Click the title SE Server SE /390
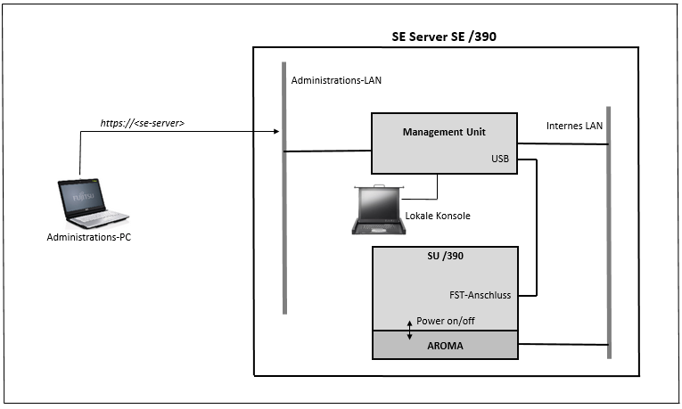click(x=444, y=37)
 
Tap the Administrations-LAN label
click(x=336, y=80)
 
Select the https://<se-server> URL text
click(x=143, y=123)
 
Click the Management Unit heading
click(x=444, y=132)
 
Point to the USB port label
click(x=500, y=159)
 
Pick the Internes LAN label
click(x=574, y=126)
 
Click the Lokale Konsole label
click(x=438, y=216)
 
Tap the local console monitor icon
click(x=379, y=210)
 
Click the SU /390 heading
click(x=445, y=256)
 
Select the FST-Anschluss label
click(x=481, y=295)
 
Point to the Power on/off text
click(x=446, y=321)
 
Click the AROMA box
click(x=446, y=345)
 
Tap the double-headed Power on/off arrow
click(x=409, y=331)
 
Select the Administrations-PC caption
click(x=89, y=237)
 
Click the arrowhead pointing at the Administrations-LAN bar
click(x=276, y=131)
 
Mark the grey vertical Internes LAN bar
click(x=609, y=233)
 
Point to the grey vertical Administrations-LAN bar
click(x=284, y=188)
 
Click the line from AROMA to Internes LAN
click(x=563, y=344)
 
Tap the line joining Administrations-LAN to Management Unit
click(x=328, y=151)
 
